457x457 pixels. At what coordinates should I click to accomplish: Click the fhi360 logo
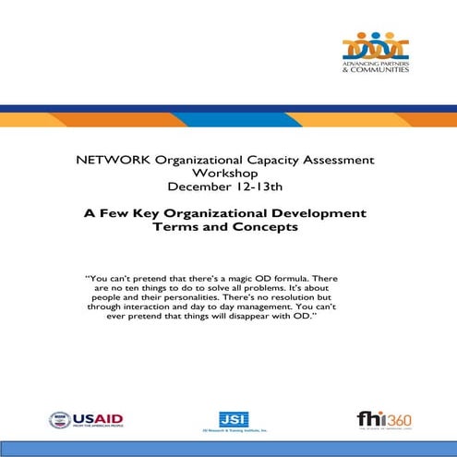[x=383, y=420]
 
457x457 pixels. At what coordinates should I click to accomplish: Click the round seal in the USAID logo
[x=59, y=421]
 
